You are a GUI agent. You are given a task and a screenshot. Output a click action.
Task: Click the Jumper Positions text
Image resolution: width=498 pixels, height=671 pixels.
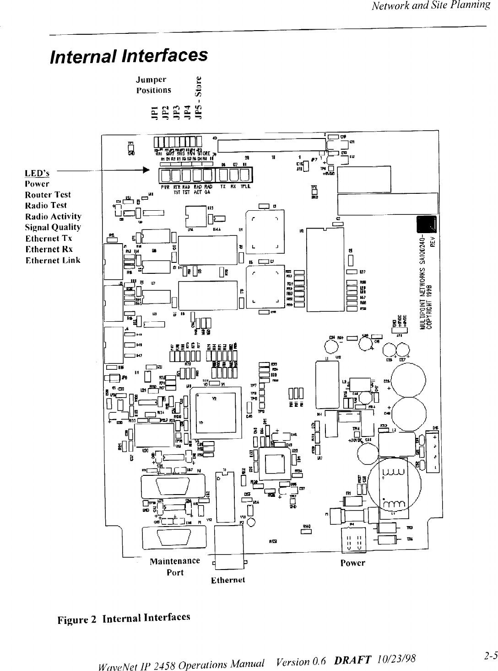click(x=153, y=85)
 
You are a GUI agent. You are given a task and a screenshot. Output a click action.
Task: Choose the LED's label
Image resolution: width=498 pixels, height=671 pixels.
click(x=38, y=173)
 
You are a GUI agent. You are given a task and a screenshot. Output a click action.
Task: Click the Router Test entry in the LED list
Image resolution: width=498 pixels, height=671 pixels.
click(x=48, y=195)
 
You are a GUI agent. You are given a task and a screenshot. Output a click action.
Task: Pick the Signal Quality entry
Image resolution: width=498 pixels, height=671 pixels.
click(x=53, y=227)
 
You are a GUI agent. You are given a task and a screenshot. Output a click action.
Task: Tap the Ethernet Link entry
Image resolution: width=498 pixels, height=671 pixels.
click(x=53, y=261)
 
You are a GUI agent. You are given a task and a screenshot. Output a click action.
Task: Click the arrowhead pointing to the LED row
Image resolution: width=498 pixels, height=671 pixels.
click(x=146, y=170)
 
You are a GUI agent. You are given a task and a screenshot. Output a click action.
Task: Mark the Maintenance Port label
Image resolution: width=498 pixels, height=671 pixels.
click(x=175, y=566)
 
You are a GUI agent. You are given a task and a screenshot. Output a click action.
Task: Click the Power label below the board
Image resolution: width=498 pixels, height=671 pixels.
click(x=352, y=563)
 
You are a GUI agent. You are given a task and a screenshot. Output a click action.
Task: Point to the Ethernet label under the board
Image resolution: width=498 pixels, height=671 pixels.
click(x=228, y=580)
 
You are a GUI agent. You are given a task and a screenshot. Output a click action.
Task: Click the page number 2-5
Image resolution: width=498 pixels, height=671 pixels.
click(x=491, y=656)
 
